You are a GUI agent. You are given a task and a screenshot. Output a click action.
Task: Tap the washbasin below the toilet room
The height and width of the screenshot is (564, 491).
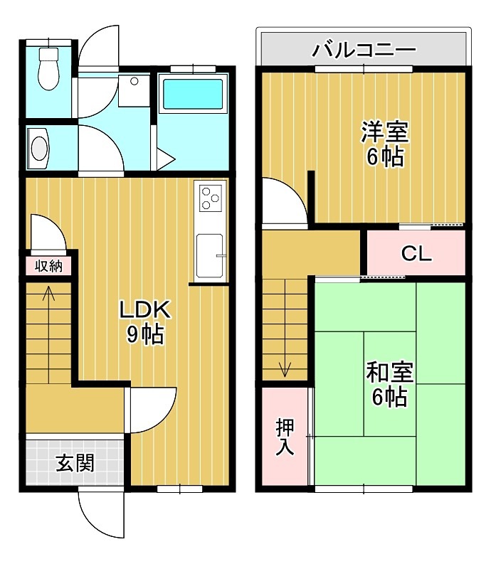pos(40,149)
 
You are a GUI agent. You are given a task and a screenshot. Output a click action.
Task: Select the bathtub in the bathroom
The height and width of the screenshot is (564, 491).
pos(191,94)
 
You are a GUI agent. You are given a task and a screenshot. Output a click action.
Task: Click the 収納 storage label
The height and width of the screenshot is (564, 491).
pos(48,267)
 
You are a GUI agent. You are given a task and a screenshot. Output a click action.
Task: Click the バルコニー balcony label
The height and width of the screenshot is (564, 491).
pos(364,50)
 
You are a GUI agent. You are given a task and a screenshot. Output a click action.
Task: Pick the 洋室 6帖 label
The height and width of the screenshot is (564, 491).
pos(384,144)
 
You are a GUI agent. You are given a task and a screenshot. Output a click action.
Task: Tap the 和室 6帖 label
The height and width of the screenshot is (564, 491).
pos(389,383)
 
